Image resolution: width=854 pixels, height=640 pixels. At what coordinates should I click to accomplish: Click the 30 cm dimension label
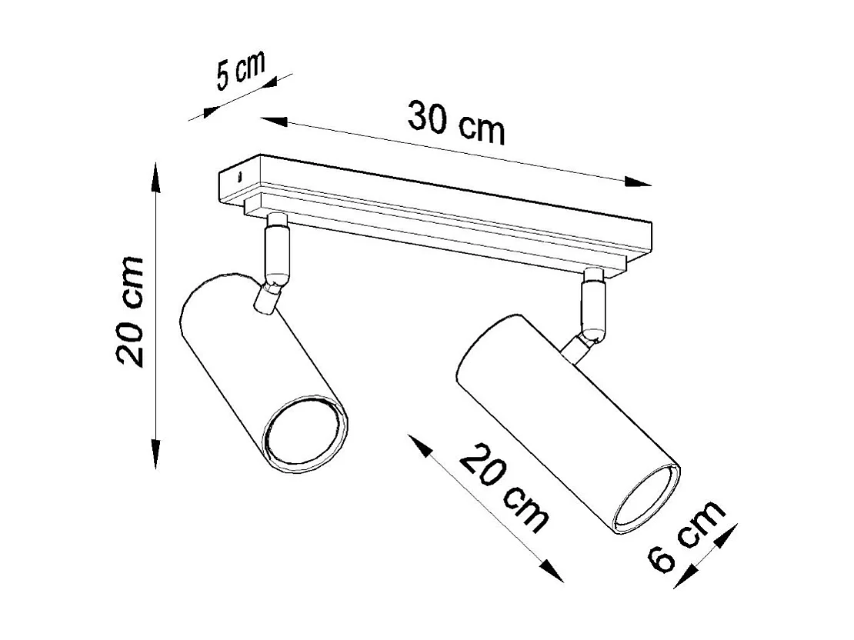(455, 123)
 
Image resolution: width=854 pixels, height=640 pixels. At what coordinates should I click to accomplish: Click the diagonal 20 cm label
(505, 489)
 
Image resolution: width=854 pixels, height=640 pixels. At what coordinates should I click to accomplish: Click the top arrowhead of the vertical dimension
(156, 175)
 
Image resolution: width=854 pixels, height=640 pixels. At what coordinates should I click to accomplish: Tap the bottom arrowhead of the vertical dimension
(156, 454)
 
